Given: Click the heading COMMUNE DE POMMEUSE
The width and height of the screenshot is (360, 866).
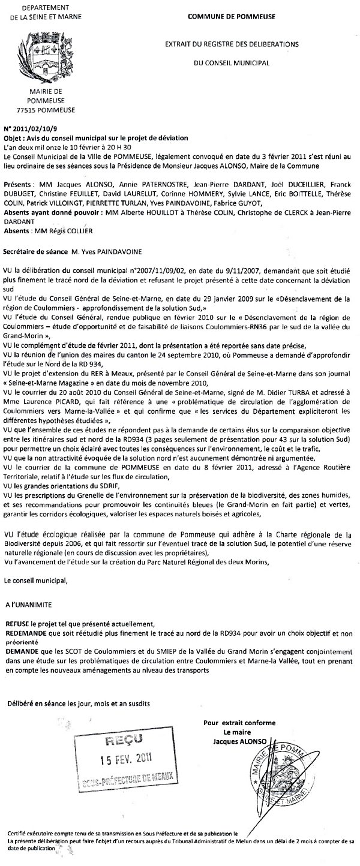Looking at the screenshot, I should coord(232,17).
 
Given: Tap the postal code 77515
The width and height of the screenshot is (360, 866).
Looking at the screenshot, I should coord(28,110).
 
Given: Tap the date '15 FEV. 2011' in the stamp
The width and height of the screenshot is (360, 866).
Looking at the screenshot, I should coord(125,757).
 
